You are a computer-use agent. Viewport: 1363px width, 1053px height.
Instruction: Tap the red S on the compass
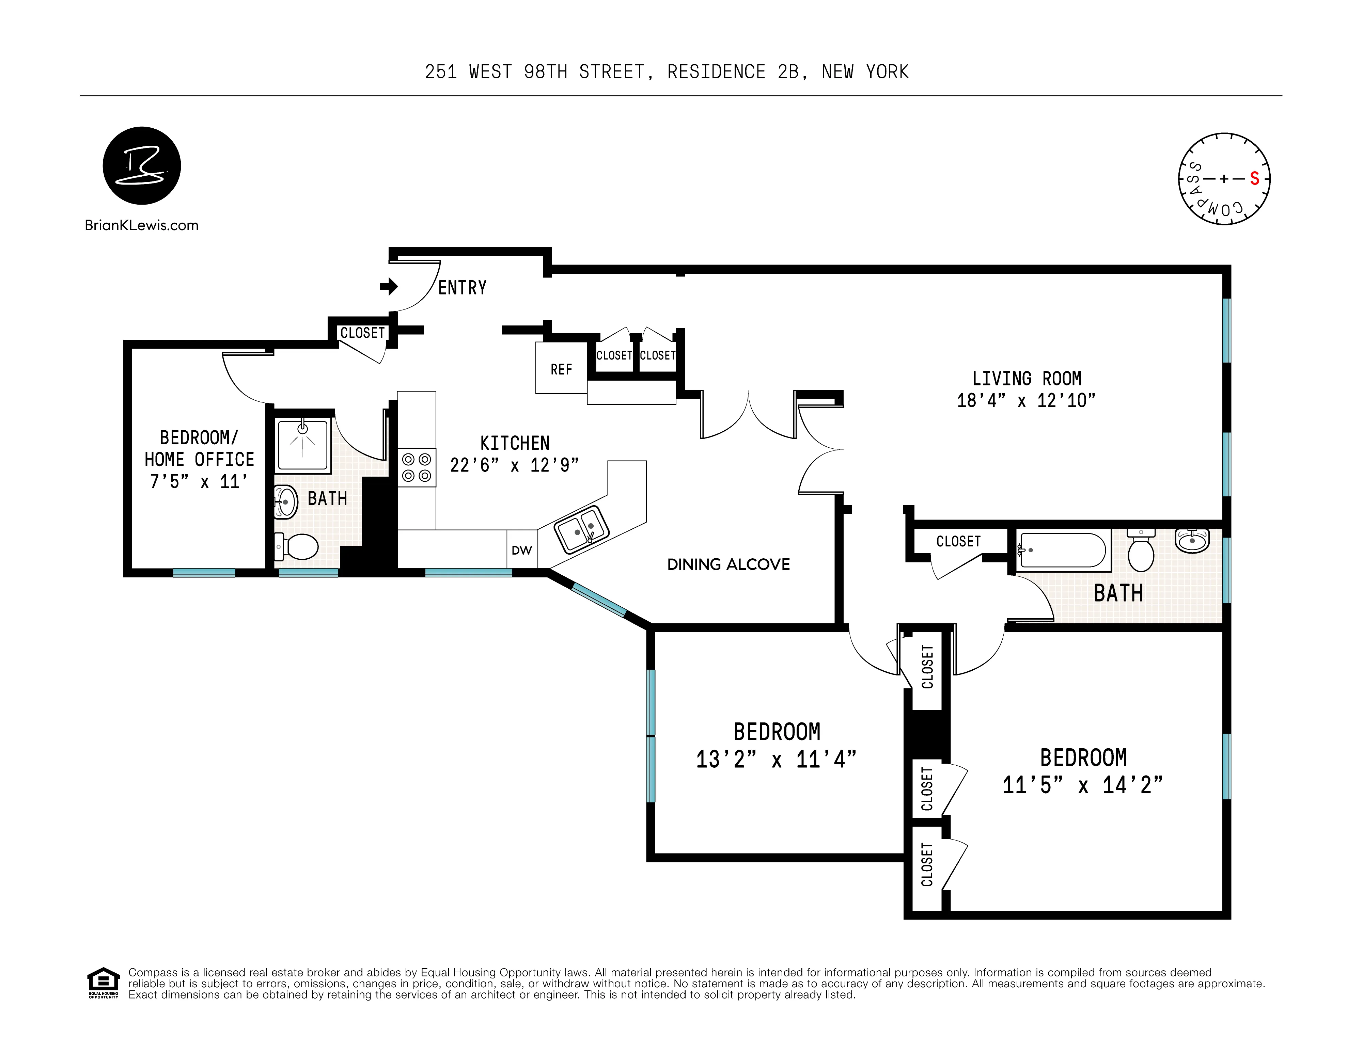point(1254,179)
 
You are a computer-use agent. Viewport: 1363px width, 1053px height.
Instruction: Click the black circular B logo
point(142,165)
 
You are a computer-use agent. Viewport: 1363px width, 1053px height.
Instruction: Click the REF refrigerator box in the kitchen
point(561,369)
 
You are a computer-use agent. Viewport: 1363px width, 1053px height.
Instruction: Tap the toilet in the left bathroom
point(298,547)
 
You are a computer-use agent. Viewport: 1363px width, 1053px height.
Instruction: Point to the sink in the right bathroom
point(1192,540)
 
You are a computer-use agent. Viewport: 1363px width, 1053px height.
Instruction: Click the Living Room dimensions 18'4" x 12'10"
point(1026,400)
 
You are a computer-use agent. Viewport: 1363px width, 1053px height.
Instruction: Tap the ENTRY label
point(463,288)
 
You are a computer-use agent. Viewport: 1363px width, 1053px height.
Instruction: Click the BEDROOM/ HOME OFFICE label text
point(199,448)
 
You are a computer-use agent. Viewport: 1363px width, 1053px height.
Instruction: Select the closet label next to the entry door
point(362,333)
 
